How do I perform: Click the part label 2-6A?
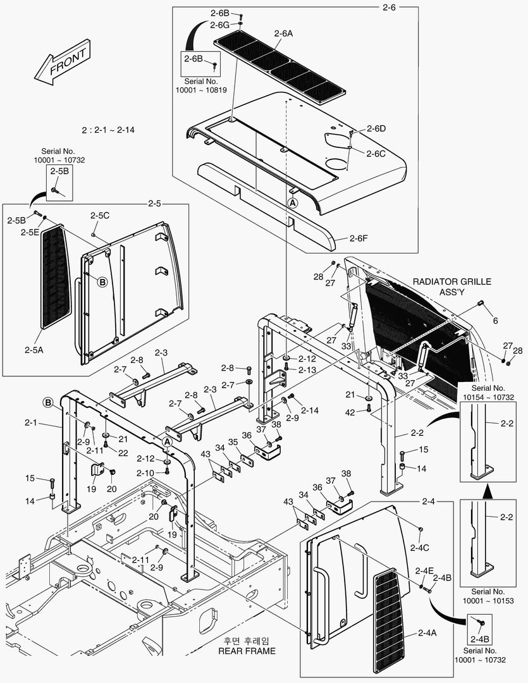coord(284,34)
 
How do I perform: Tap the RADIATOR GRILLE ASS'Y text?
coord(451,286)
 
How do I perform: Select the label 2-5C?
coord(99,216)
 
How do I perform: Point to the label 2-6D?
coord(376,128)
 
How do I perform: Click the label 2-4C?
coord(420,547)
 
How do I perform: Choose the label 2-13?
coord(308,370)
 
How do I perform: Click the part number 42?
coord(350,412)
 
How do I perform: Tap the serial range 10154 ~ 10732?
coord(488,397)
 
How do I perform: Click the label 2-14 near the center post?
coord(310,410)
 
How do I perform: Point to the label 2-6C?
coord(376,153)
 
